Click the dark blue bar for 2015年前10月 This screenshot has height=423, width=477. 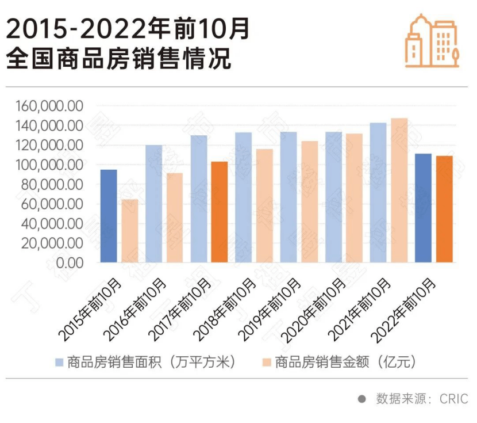(109, 216)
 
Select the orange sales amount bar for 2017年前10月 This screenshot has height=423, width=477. (220, 212)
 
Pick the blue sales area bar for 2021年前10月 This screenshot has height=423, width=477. (378, 192)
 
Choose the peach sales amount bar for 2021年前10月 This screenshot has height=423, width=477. (399, 190)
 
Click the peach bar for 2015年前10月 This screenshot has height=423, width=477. (130, 231)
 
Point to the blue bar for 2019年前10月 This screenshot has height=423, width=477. (288, 197)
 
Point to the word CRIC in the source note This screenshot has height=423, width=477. (454, 398)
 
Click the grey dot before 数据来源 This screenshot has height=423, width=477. (361, 398)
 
